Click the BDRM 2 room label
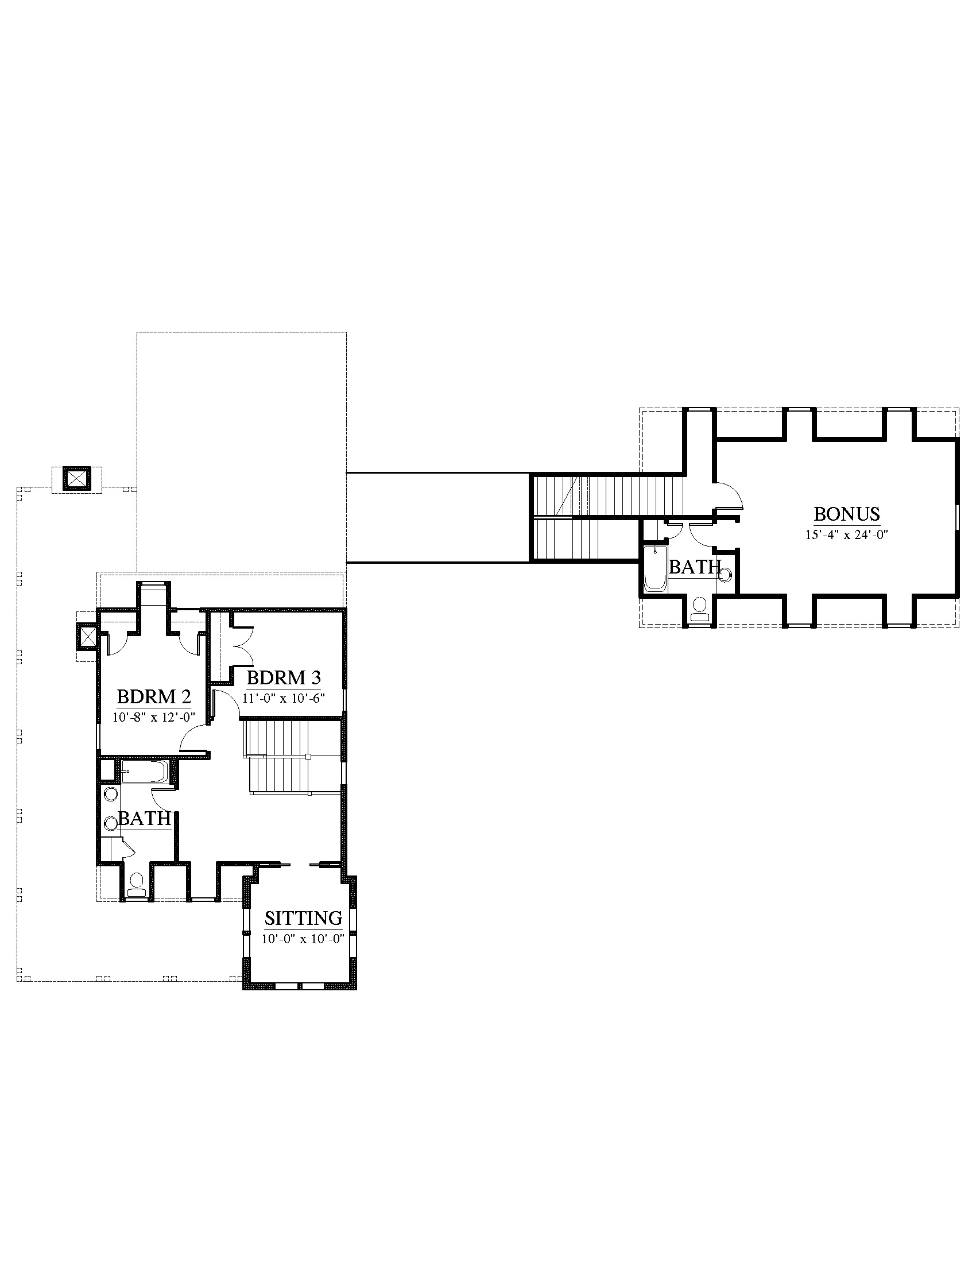click(154, 696)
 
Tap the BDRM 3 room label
click(283, 677)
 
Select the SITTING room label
click(303, 918)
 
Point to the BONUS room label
click(846, 514)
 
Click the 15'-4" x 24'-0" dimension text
click(846, 535)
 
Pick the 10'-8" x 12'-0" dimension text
click(154, 717)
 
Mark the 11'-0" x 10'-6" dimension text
click(283, 698)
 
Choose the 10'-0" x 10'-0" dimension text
click(303, 939)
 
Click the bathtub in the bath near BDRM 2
click(144, 772)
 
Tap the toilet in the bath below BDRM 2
click(137, 885)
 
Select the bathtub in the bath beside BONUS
click(655, 568)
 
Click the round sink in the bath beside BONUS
click(726, 574)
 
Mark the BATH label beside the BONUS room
click(695, 567)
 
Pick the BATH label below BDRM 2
click(145, 818)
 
